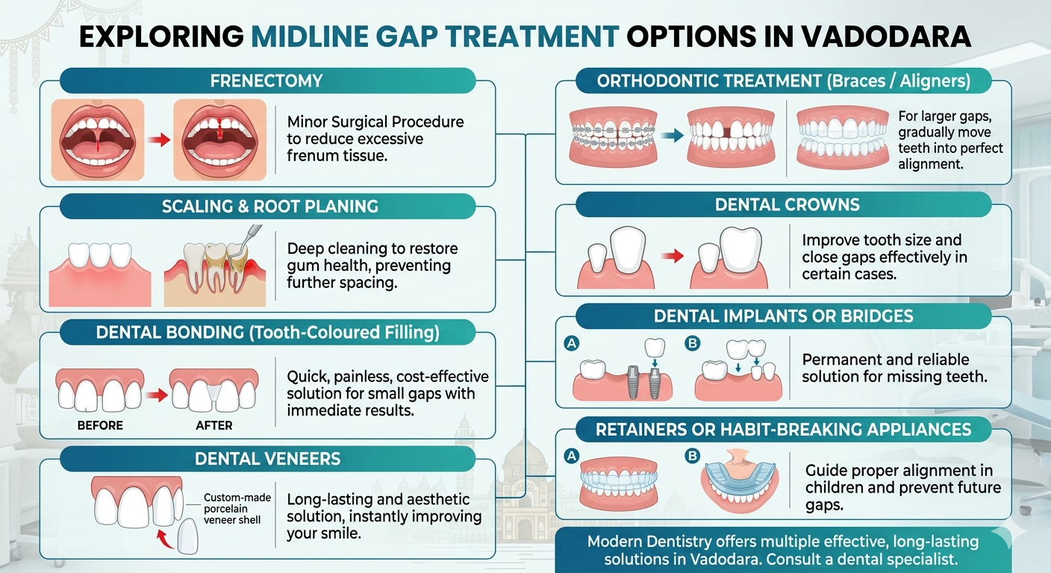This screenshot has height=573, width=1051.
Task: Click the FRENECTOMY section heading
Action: click(266, 81)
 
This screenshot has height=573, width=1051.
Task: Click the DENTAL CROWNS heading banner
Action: click(787, 204)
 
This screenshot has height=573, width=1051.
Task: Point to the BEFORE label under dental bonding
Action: click(100, 425)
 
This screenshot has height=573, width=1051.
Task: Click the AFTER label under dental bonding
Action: click(214, 425)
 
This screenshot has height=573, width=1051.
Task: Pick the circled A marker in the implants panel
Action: click(573, 344)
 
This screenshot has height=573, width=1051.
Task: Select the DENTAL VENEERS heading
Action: click(266, 459)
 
